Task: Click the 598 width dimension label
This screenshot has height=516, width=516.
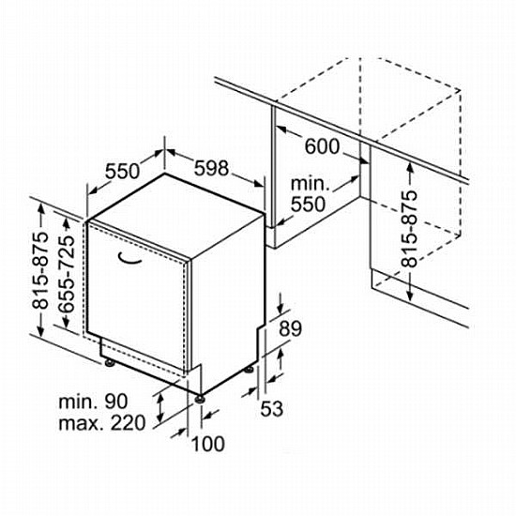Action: pos(211,168)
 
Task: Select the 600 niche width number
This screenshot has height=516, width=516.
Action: pos(322,146)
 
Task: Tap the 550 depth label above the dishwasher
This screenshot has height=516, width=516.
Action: pos(122,171)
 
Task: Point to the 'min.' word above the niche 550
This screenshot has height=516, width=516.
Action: pos(310,184)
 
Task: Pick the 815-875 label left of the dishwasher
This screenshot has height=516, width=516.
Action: pos(39,270)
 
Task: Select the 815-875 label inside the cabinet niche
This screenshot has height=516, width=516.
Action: pos(409,229)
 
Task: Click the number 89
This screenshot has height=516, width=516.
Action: pos(290,328)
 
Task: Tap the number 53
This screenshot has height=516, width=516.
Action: pos(272,409)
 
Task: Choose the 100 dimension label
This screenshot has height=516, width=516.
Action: pos(208,444)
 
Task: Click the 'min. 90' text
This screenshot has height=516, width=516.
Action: pos(93,402)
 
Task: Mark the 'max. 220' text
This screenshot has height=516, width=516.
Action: pos(102,423)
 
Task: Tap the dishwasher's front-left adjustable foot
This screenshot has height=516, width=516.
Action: pos(109,363)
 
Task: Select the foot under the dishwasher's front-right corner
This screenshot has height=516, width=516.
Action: pos(200,399)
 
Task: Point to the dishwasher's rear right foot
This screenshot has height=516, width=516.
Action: pos(249,370)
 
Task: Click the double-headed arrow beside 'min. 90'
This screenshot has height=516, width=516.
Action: pos(160,408)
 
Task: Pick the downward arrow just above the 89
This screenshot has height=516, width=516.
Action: pos(281,303)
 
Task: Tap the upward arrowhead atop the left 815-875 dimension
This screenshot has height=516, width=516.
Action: pos(41,208)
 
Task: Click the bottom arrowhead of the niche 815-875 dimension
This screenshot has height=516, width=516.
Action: pos(410,296)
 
